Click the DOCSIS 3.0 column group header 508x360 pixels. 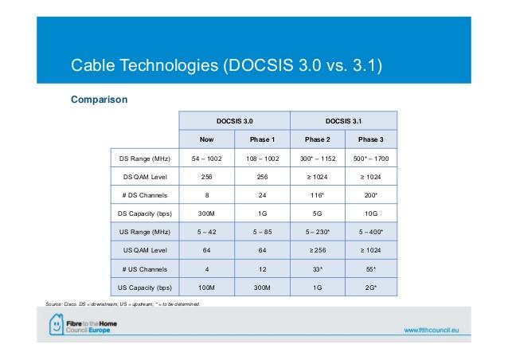click(235, 121)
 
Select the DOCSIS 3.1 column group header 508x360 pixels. click(343, 121)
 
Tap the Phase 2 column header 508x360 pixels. click(318, 139)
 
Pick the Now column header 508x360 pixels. click(207, 139)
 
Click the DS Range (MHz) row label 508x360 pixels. click(144, 158)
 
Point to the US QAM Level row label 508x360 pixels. click(145, 250)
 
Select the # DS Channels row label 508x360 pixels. click(144, 195)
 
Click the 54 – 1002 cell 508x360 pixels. click(207, 158)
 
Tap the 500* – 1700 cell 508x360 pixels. click(371, 158)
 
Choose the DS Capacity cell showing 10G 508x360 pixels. click(371, 213)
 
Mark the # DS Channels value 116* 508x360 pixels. click(317, 195)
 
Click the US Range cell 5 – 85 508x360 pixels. click(263, 232)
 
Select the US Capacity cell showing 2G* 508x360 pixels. click(371, 288)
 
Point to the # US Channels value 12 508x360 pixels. click(263, 269)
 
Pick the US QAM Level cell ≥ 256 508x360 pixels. click(318, 250)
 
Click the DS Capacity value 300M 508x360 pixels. click(207, 213)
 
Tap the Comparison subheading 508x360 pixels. click(100, 100)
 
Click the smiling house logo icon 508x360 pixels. click(57, 324)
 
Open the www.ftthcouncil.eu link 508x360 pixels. click(432, 331)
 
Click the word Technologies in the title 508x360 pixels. click(169, 65)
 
